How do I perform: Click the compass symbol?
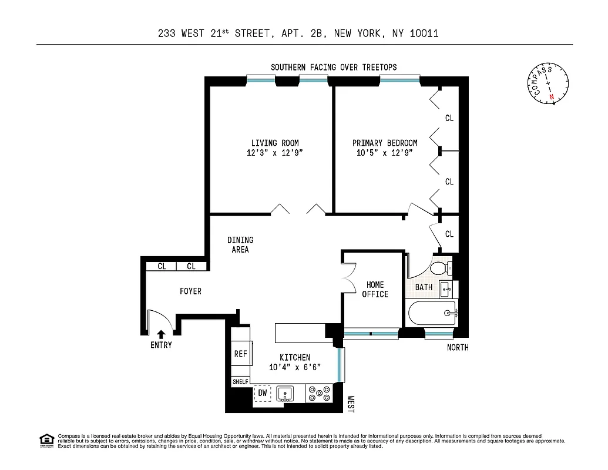[x=547, y=85]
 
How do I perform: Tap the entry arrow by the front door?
[x=161, y=334]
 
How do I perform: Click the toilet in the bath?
[x=439, y=268]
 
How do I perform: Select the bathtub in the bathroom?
[x=431, y=313]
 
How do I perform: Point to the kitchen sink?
[x=285, y=393]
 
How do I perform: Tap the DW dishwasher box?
[x=263, y=393]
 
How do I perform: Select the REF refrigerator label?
[x=241, y=354]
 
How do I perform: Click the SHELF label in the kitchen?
[x=240, y=381]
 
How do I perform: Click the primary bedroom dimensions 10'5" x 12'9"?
[x=385, y=153]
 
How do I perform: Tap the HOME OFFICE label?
[x=375, y=290]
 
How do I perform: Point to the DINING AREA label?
[x=240, y=244]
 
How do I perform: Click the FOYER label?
[x=190, y=291]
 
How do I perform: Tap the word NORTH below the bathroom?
[x=458, y=347]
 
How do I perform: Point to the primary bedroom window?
[x=399, y=77]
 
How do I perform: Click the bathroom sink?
[x=445, y=288]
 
